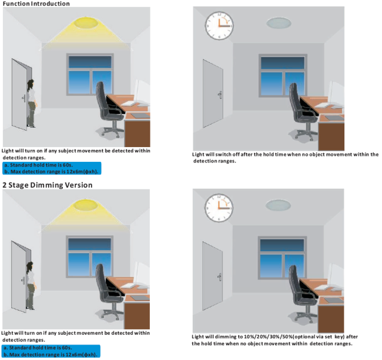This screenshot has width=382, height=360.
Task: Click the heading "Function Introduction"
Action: (36, 4)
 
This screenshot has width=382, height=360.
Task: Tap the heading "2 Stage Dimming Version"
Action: (48, 185)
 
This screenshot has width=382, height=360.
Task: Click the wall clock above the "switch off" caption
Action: (219, 26)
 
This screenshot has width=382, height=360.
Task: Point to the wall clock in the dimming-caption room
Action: (219, 208)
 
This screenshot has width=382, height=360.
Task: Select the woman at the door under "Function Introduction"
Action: (32, 104)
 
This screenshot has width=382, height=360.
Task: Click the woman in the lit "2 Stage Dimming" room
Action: (31, 286)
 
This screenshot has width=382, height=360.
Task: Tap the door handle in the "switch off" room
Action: (220, 95)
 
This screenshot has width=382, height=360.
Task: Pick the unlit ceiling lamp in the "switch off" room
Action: (279, 23)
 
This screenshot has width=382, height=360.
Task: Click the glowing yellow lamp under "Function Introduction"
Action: (86, 23)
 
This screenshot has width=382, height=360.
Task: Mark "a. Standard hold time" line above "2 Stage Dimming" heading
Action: (38, 165)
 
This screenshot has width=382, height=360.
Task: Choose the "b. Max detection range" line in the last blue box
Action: (50, 354)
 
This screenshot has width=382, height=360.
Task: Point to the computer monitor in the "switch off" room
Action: (336, 94)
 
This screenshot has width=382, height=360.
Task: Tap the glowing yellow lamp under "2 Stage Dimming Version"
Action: (86, 205)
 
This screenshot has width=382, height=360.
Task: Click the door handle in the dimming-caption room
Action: (220, 277)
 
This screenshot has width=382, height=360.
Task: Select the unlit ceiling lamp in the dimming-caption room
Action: (278, 205)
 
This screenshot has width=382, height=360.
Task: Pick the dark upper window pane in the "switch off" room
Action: (283, 63)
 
